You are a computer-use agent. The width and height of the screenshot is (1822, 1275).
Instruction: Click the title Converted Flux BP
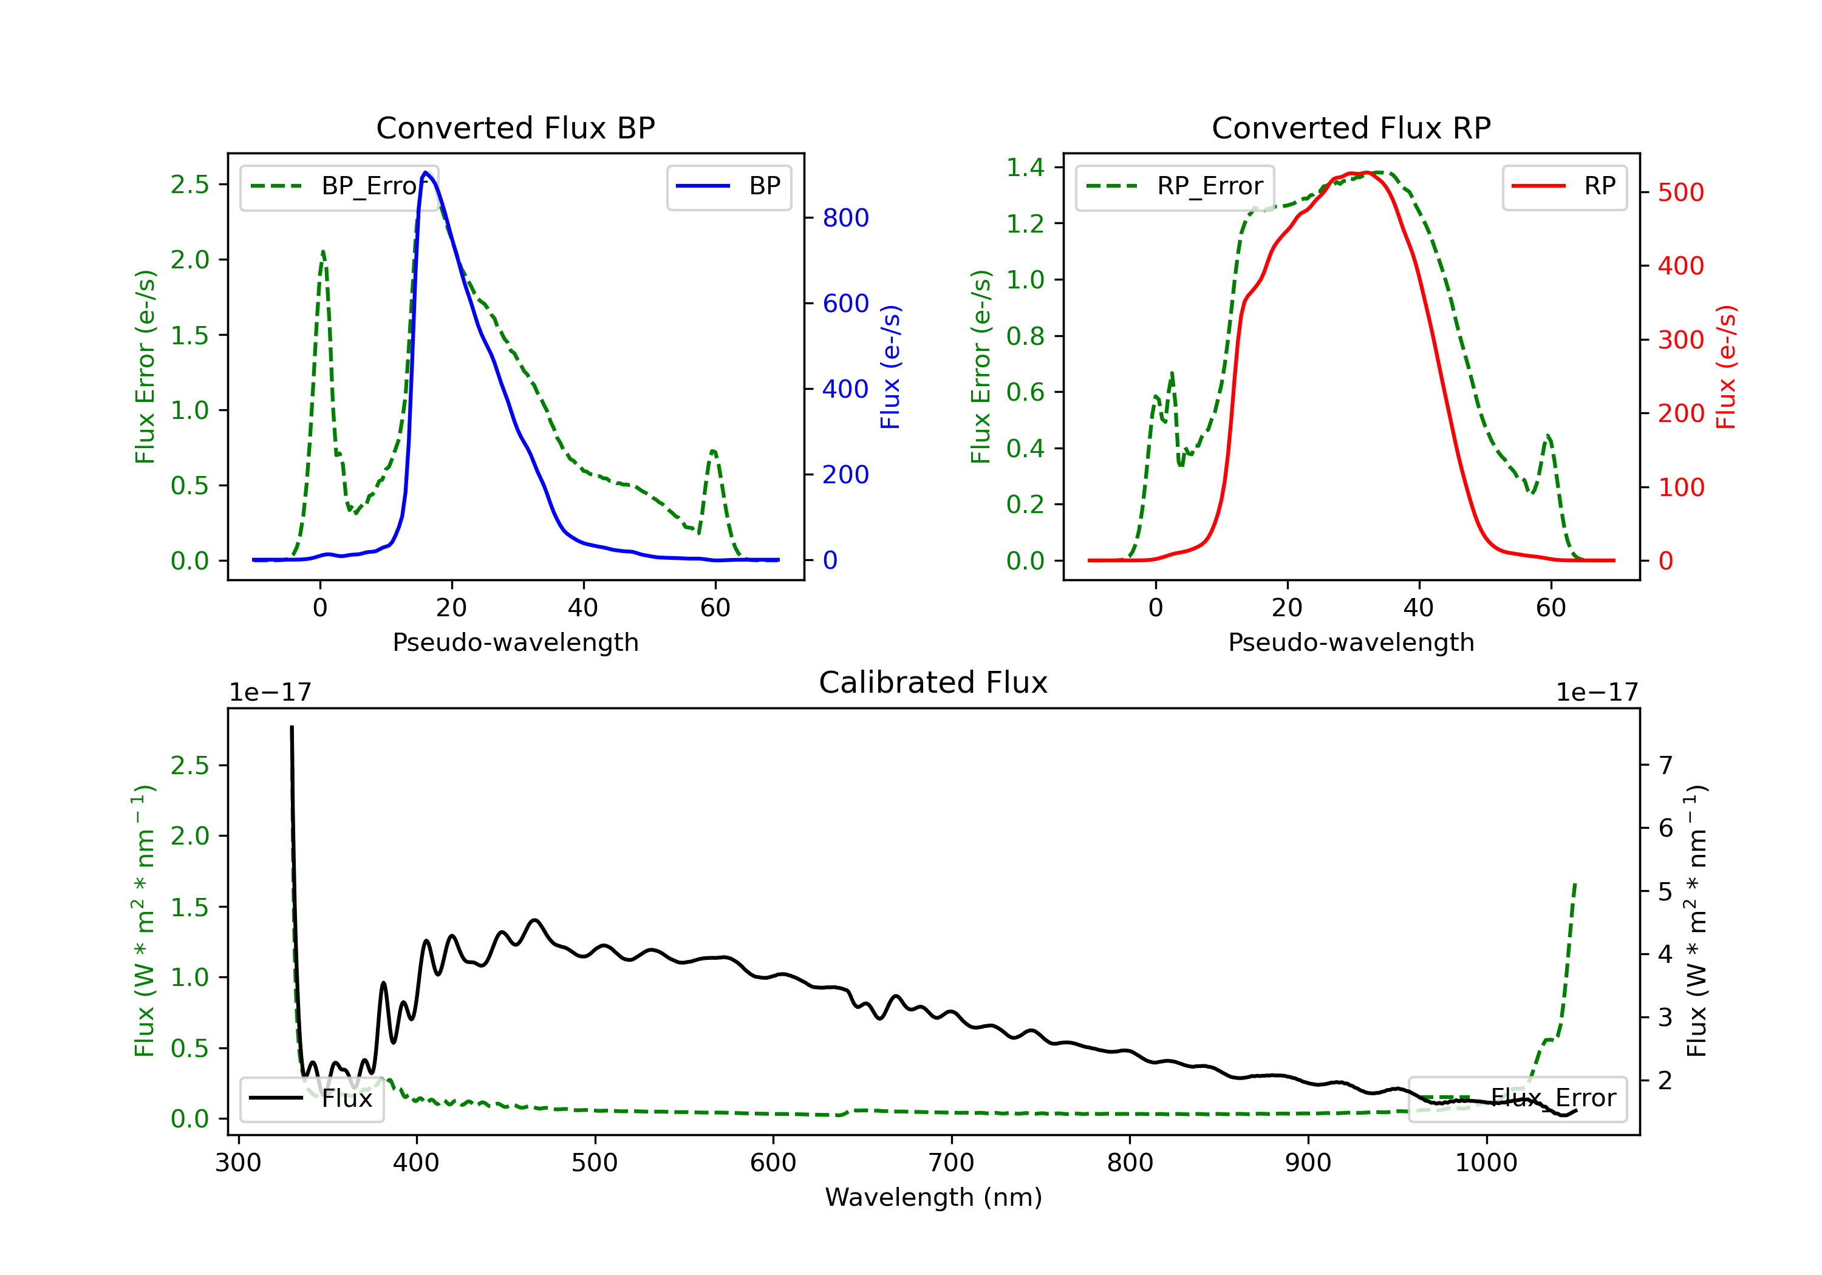pos(516,127)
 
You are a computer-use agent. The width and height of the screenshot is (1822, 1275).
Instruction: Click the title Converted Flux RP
pos(1351,127)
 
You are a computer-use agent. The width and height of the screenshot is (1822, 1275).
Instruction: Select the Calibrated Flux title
pos(933,682)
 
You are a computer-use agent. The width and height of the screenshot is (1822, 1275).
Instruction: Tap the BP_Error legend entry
pos(339,186)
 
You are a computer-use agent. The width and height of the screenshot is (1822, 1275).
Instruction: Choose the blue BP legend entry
pos(728,186)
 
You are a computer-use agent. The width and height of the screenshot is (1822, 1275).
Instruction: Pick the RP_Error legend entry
pos(1175,186)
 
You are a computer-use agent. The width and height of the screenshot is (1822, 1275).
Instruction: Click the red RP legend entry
pos(1564,186)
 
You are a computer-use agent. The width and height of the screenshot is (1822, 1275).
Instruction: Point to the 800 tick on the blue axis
pos(846,217)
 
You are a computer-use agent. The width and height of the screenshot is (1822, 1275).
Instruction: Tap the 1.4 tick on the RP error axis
pos(1025,168)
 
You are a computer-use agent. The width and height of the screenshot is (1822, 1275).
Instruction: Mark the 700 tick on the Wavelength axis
pos(952,1163)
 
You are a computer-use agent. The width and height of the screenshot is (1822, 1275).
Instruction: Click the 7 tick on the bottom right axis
pos(1666,766)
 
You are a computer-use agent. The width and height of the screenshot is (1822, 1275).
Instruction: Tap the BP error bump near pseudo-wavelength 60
pos(714,452)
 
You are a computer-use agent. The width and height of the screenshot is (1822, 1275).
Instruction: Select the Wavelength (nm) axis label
pos(934,1197)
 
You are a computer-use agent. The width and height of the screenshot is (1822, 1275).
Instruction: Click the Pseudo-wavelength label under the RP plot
pos(1351,642)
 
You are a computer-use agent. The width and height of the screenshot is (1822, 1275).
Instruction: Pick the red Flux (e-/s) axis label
pos(1726,367)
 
